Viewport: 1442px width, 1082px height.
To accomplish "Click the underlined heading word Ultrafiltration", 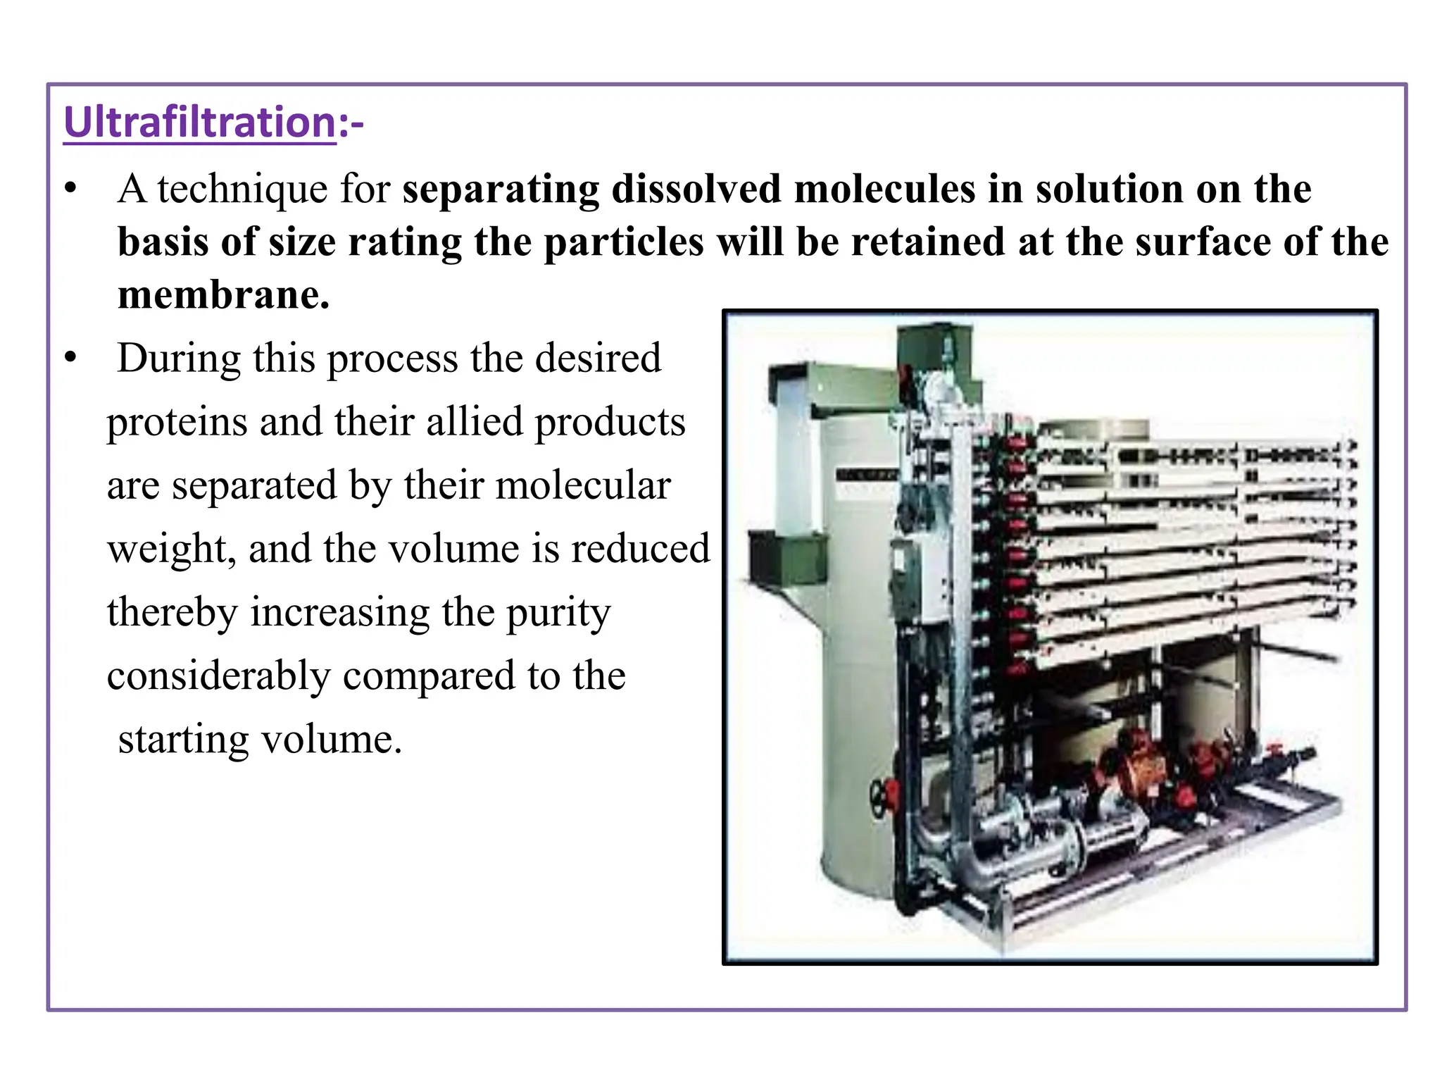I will click(x=200, y=123).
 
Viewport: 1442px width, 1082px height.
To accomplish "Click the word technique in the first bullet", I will click(x=242, y=189).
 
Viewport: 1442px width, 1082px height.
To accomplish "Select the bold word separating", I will click(x=501, y=189).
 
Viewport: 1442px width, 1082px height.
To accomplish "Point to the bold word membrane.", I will click(x=222, y=295).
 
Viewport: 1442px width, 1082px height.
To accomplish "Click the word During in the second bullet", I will click(x=179, y=359).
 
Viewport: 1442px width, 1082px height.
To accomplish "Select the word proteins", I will click(x=177, y=423).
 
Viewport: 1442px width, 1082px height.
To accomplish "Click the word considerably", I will click(x=218, y=676).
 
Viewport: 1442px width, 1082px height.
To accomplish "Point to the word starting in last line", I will click(x=183, y=740).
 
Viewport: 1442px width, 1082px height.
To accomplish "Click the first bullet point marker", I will click(x=69, y=189).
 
